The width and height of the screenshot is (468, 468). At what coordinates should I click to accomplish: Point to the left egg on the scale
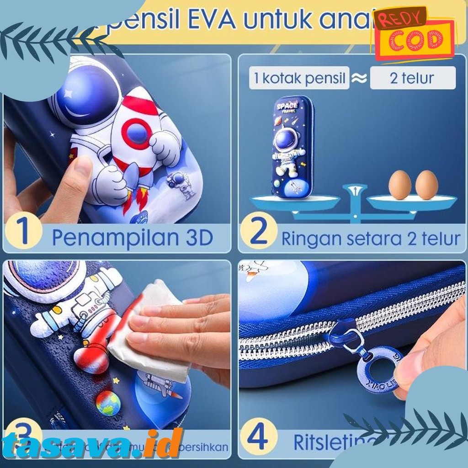coord(399,185)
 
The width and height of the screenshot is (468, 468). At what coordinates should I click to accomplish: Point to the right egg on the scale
coord(426,185)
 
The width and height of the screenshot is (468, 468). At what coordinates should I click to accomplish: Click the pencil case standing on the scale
coord(293,146)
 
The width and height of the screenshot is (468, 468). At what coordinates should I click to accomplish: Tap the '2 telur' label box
coord(412,78)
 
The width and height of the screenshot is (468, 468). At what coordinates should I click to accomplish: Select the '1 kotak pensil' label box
coord(299,78)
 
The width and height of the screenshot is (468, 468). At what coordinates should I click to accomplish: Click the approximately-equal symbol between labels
coord(359,79)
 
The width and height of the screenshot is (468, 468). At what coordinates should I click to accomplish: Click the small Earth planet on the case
coord(108,403)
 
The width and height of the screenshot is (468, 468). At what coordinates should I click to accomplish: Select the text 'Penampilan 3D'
coord(132,238)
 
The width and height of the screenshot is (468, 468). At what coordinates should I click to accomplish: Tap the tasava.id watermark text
coord(91,443)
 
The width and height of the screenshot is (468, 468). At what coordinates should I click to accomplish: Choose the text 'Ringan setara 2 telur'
coord(370,239)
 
